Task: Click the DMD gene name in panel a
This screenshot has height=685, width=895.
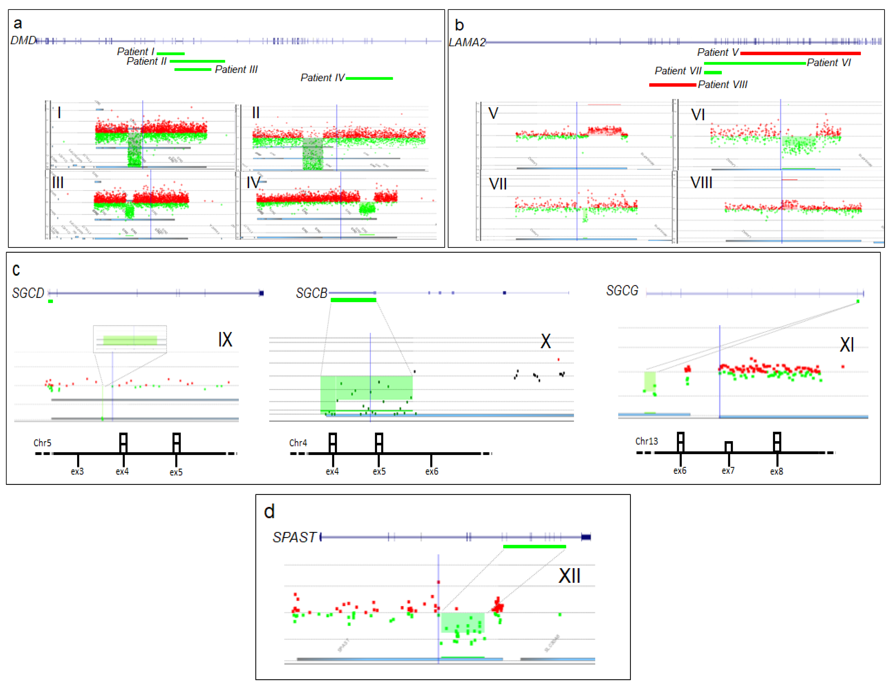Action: tap(23, 40)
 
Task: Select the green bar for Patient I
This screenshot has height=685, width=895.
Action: tap(171, 53)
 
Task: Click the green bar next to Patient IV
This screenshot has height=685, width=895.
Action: tap(369, 78)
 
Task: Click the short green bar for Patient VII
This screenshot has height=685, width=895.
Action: tap(712, 73)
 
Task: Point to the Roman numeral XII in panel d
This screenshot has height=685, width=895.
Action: tap(569, 576)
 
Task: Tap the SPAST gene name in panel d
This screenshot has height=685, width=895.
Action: tap(294, 537)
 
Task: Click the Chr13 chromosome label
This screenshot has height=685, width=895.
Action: tap(646, 441)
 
